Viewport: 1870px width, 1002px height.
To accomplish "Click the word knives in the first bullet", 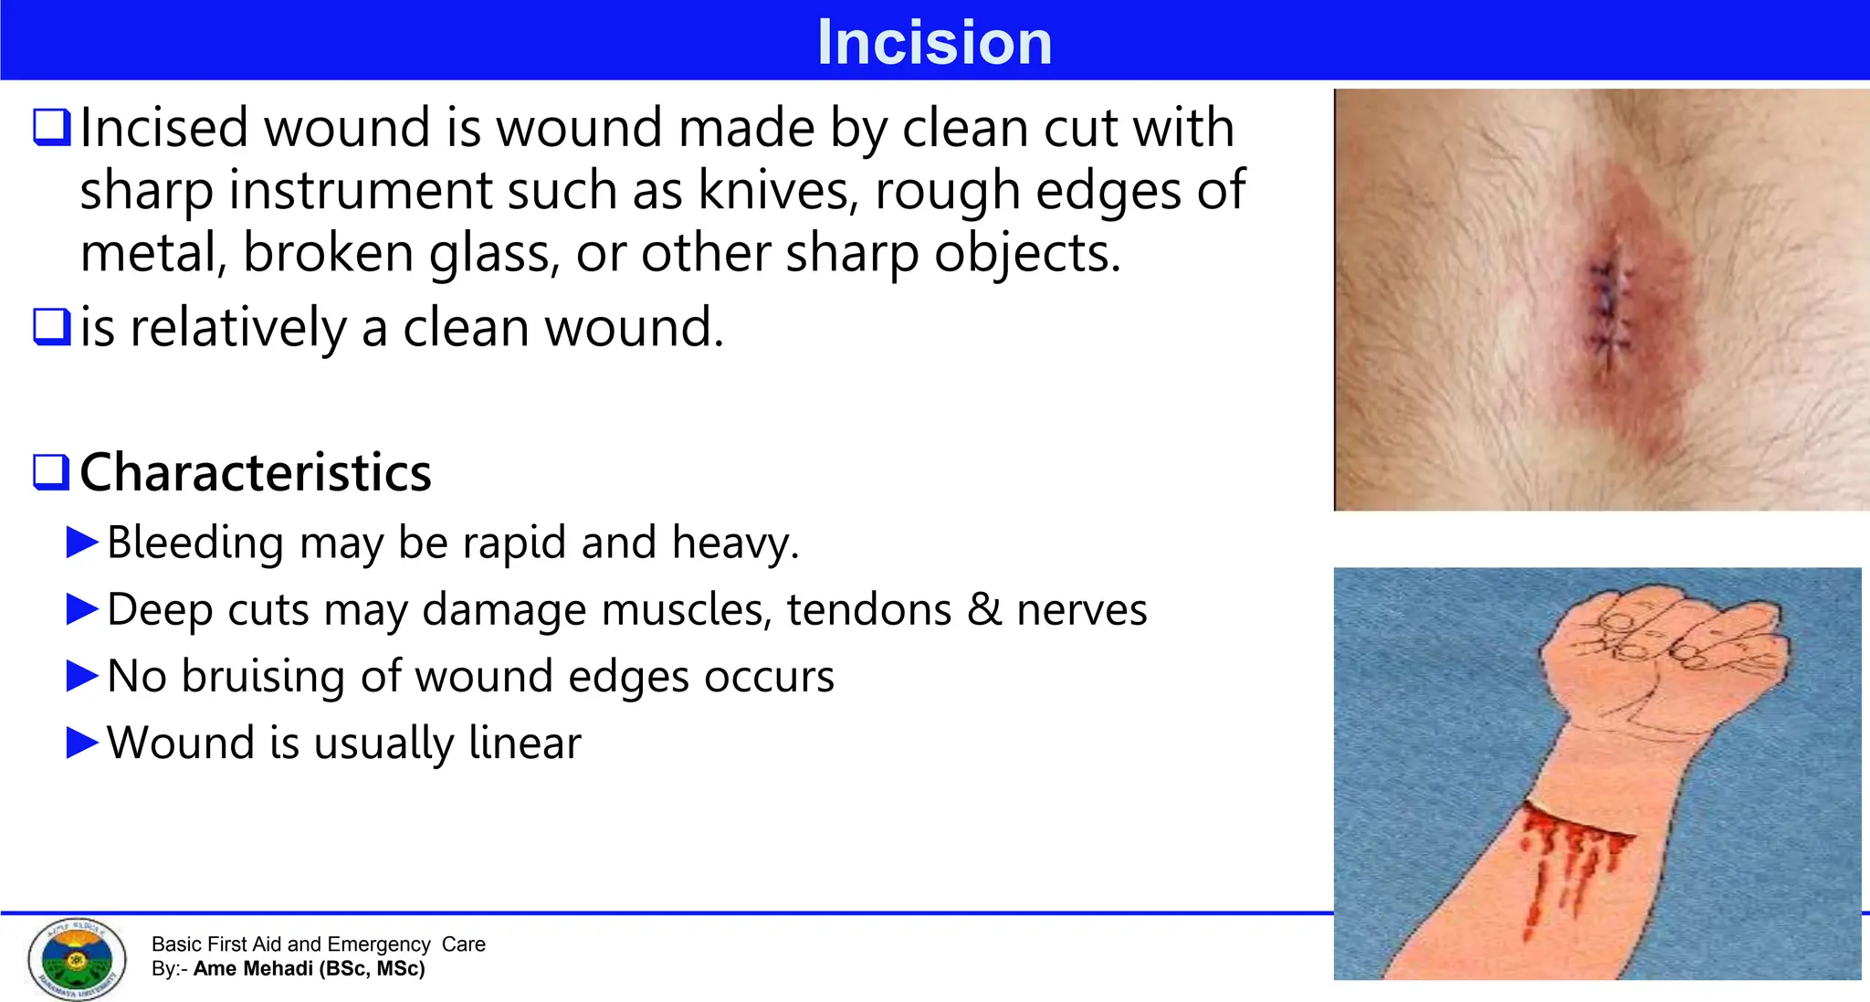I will (x=776, y=190).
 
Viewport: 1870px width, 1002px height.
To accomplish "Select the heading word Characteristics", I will (x=256, y=472).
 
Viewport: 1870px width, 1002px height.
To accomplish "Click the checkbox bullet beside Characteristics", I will (x=51, y=471).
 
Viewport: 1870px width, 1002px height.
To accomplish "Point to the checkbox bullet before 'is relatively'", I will (x=51, y=327).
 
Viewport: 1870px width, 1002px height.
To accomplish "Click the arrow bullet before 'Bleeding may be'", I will (x=82, y=543).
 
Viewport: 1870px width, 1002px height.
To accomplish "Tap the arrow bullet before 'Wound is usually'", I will (x=82, y=743).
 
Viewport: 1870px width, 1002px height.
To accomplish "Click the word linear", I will (x=524, y=743).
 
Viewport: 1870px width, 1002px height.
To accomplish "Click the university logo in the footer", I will (x=77, y=958).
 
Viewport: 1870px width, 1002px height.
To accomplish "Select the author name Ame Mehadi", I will (x=253, y=969).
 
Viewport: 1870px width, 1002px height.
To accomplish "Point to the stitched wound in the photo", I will (x=1609, y=306).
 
